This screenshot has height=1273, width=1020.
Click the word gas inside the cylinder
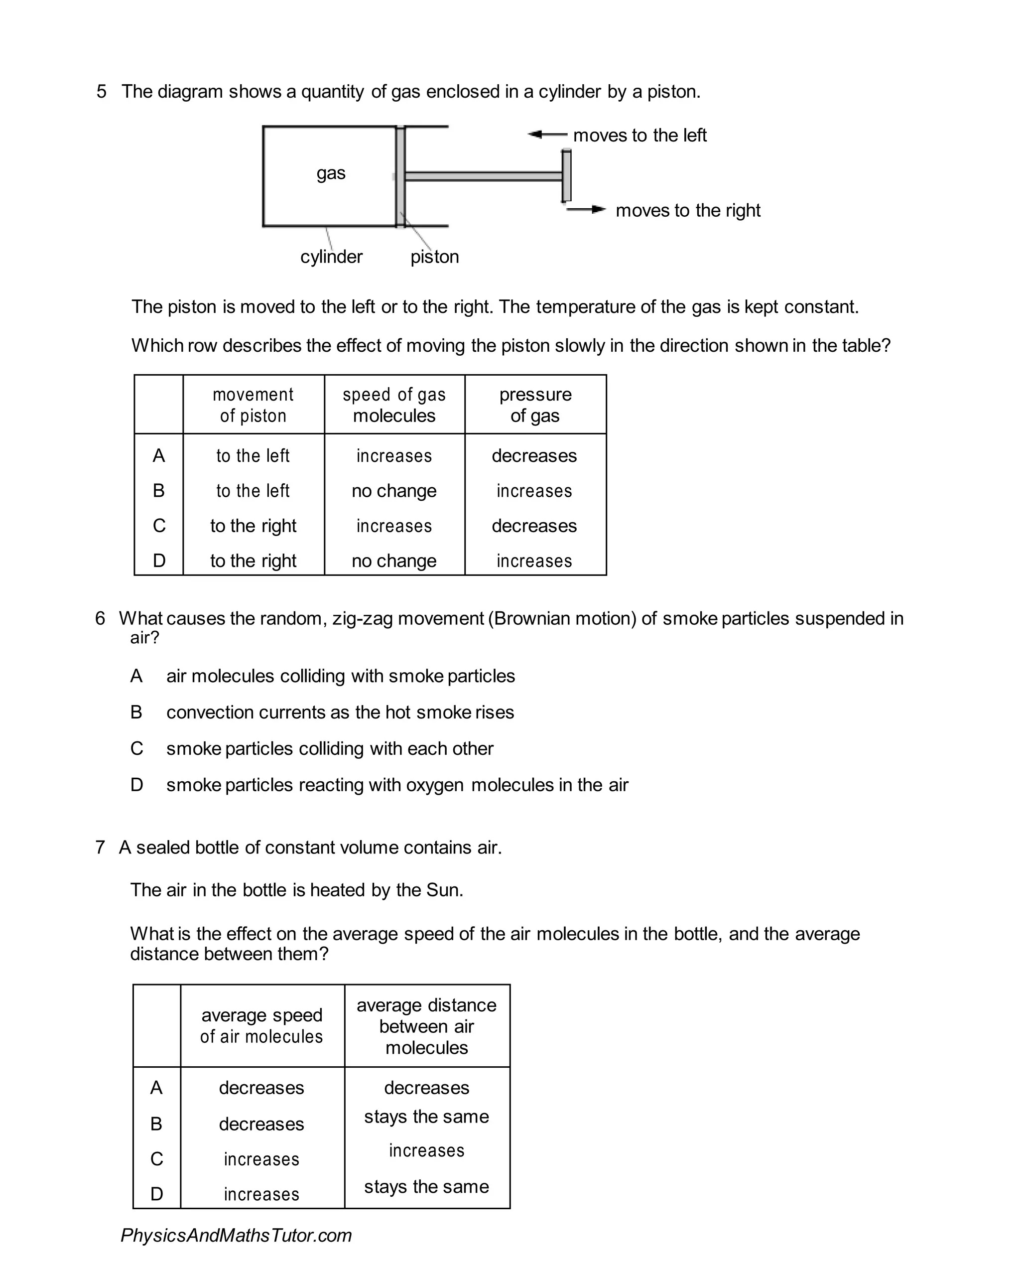331,173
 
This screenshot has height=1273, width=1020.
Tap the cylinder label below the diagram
331,257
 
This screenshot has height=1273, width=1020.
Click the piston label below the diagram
434,257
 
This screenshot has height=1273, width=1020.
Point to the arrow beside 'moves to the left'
546,135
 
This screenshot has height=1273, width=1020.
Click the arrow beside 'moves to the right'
586,209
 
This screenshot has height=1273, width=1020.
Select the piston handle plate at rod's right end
566,176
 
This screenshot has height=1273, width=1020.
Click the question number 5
102,92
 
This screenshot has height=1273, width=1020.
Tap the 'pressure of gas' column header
535,405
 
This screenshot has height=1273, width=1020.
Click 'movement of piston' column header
253,405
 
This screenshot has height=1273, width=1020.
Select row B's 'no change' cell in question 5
394,491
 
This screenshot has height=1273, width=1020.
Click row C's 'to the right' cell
253,526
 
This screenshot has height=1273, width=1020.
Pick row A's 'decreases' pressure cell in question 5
534,456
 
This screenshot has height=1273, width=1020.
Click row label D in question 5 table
159,561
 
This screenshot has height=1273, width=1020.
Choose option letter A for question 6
136,676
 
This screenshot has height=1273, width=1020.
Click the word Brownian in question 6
532,618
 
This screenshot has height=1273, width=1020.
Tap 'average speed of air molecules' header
261,1025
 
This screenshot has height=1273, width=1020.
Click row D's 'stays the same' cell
426,1186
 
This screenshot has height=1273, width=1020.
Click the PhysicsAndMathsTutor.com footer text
236,1235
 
